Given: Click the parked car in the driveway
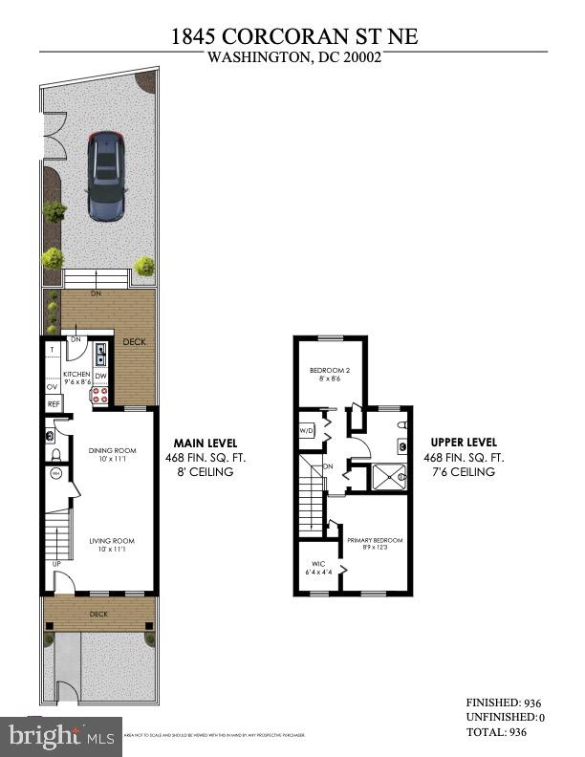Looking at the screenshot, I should click(x=107, y=175).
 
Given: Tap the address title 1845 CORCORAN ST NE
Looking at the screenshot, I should click(x=294, y=36).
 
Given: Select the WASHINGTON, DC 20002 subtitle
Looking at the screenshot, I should click(x=293, y=57).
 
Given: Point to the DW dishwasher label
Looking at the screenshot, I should click(x=100, y=377).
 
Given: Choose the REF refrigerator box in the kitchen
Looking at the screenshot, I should click(x=54, y=404).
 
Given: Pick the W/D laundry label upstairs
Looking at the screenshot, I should click(x=307, y=430).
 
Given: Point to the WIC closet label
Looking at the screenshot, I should click(x=313, y=568).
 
